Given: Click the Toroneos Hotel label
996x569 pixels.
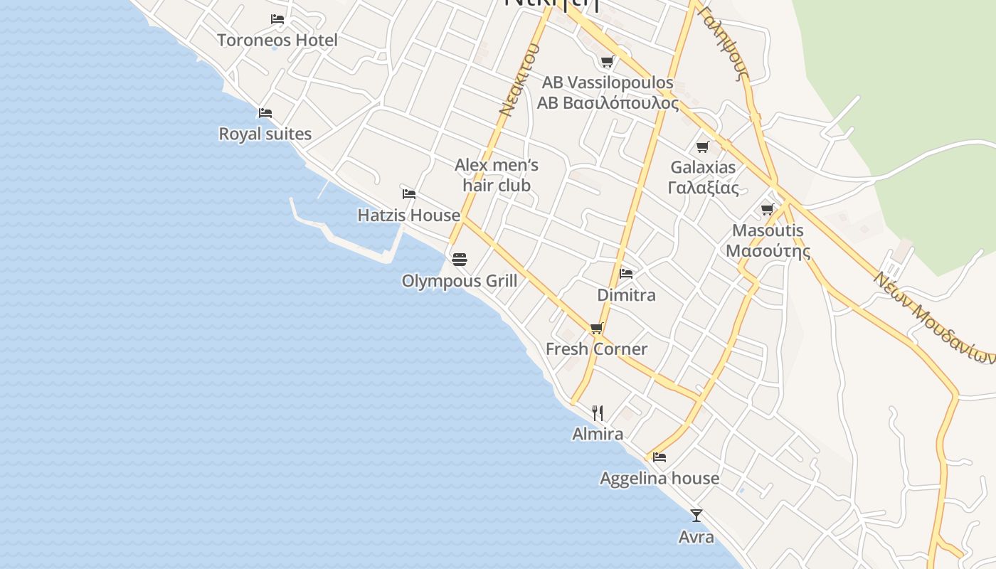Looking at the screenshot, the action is coord(277,40).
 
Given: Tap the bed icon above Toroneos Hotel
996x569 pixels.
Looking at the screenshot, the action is coord(277,18).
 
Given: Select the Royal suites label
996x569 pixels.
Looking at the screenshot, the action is coord(265,134).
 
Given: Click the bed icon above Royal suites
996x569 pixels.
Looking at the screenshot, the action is coord(265,112).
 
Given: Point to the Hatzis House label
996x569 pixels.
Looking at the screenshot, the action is coord(408,215).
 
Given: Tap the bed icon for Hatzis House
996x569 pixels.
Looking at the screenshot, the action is coord(409,193).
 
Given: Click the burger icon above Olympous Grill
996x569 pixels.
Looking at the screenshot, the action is coord(460,260).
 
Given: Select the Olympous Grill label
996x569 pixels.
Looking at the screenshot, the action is coord(460,281).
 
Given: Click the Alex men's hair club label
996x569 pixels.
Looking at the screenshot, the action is coord(497,175).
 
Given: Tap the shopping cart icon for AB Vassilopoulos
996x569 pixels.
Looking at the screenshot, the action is coord(607,61).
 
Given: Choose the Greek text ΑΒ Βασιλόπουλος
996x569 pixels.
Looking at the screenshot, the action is coord(608,103).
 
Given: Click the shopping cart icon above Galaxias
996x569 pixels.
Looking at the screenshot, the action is coord(703,147).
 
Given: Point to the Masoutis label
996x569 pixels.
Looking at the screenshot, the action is coord(768,230).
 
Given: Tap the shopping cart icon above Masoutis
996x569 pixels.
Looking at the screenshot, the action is coord(767,209).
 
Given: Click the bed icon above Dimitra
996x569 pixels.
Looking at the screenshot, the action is coord(626,273).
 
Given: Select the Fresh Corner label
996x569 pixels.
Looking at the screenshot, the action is coord(596,349).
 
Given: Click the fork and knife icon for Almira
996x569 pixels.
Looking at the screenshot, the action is coord(598,413).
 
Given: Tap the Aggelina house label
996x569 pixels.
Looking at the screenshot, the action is coord(659,478).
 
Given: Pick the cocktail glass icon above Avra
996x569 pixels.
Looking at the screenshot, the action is coord(696,515).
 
